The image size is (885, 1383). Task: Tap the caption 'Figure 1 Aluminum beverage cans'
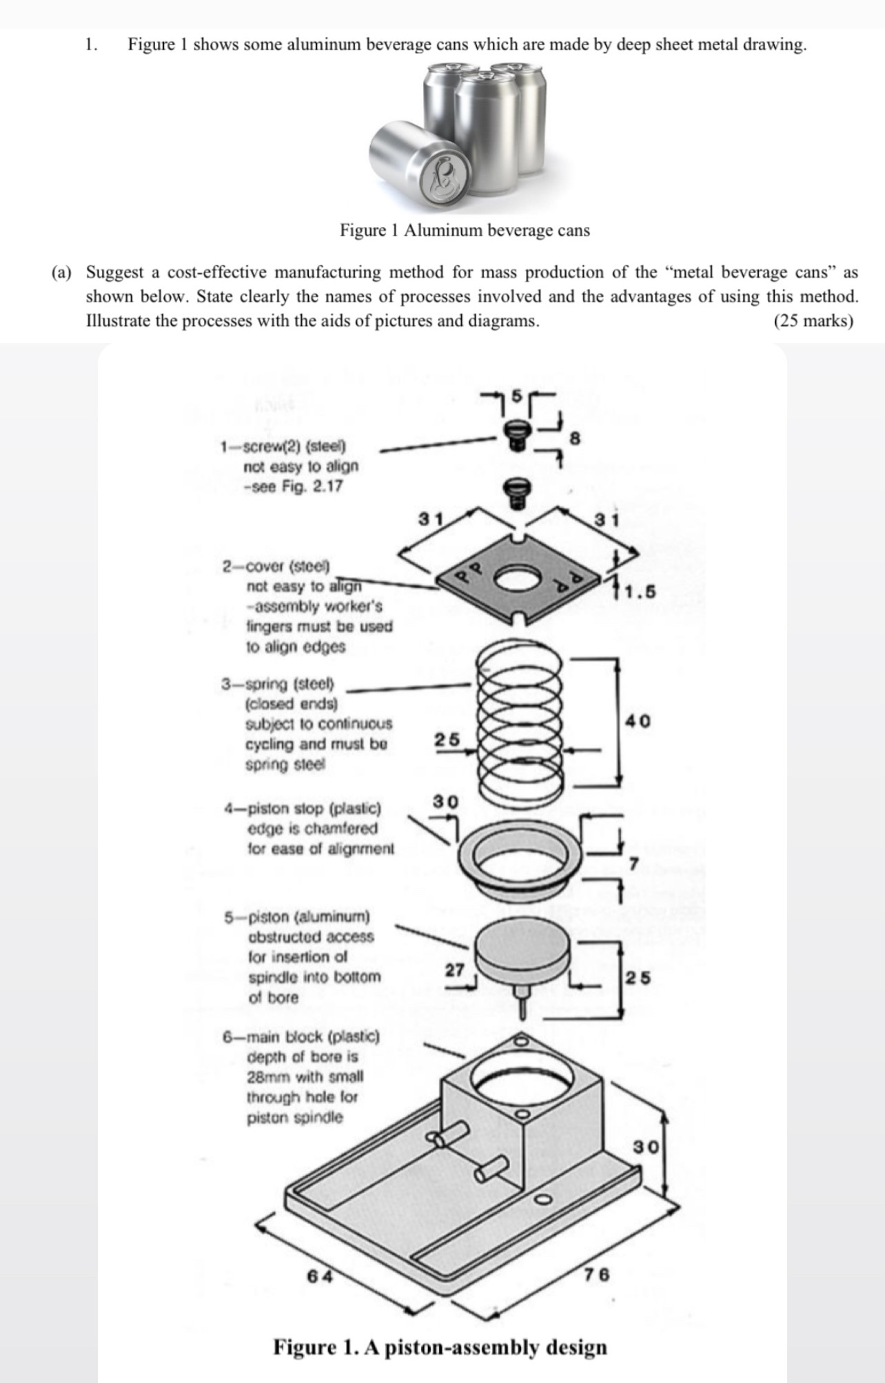(x=465, y=230)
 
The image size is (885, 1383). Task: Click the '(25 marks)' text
(x=813, y=321)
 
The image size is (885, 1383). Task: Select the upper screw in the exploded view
(x=513, y=436)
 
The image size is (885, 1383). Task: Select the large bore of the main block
(x=523, y=1084)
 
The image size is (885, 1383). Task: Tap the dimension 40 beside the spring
(x=638, y=721)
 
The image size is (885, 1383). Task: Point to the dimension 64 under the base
(x=320, y=1276)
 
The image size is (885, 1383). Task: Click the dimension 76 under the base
(x=597, y=1273)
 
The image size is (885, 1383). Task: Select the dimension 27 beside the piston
(x=454, y=970)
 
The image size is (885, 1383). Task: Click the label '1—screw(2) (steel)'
(x=283, y=446)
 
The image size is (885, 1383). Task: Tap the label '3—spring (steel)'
(x=277, y=684)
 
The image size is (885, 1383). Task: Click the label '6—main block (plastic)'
(x=301, y=1037)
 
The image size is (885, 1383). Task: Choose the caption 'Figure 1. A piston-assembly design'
(x=440, y=1346)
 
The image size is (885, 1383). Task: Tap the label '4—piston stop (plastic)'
(x=303, y=808)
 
